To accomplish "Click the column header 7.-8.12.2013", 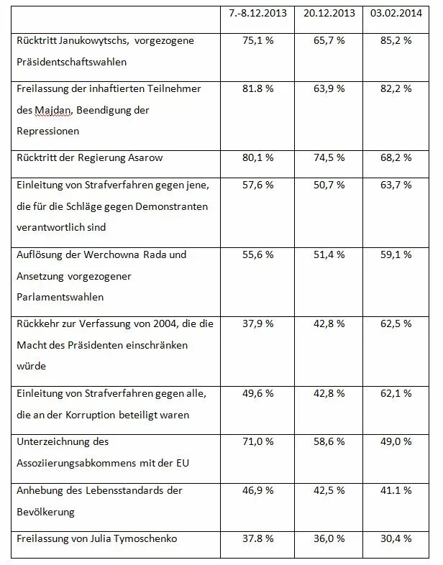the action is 257,14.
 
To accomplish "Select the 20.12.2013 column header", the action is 329,14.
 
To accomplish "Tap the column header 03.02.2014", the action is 396,14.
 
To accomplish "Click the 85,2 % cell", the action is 396,40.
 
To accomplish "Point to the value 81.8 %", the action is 257,88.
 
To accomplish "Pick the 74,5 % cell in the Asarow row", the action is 329,158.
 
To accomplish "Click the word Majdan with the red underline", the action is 52,110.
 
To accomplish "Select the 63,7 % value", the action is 396,185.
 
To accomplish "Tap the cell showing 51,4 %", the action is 329,254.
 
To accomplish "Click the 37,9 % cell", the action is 257,324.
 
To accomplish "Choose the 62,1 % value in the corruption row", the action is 396,393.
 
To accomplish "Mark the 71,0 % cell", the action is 257,442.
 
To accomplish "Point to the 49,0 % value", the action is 396,442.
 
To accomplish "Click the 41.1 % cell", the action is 396,491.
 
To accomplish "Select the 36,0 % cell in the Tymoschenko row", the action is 329,539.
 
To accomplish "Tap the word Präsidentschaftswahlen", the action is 72,62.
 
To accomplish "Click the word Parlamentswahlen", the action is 60,298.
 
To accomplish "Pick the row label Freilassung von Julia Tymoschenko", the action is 97,539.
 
